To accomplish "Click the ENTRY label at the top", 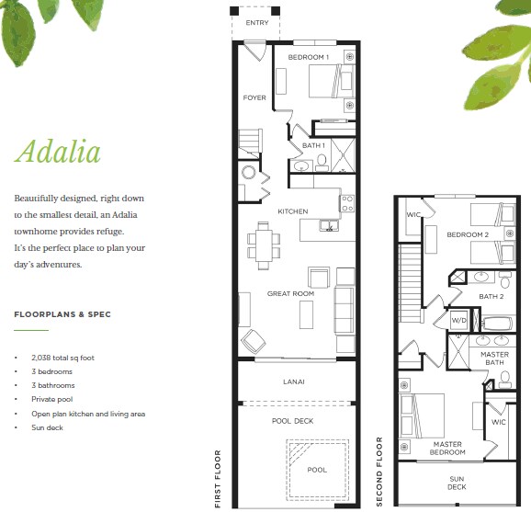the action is coord(257,23).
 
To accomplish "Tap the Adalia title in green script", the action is coord(58,152).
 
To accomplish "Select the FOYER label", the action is coord(254,97).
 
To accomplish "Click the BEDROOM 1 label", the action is coord(308,57).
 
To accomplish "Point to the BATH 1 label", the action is coord(313,145).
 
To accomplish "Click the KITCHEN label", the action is coord(293,211).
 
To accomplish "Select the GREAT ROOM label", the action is coord(290,294).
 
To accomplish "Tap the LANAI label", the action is coord(294,381).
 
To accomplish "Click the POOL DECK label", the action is coord(292,421).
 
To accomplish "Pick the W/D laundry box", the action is coord(458,320).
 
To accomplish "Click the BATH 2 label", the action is coord(491,297).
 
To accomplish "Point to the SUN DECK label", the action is coord(457,483).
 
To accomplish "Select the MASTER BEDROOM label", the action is coord(447,448).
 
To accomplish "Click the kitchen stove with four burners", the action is coord(347,204).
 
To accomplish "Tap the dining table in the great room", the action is coord(264,245).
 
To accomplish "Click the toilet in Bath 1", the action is coord(322,163).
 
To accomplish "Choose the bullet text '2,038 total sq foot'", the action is coord(62,358).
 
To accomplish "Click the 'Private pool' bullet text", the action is coord(52,399).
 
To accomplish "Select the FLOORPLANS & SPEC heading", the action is coord(62,314).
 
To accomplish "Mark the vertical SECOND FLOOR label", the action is coord(378,472).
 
